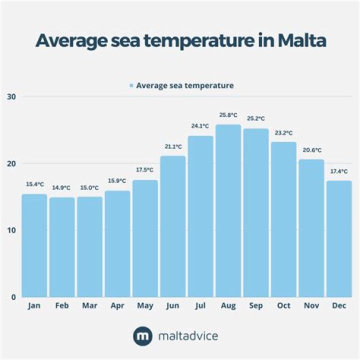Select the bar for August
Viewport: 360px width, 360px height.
[228, 210]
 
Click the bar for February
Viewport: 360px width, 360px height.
[62, 247]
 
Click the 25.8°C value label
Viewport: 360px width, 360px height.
[228, 115]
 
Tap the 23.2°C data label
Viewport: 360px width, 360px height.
[283, 133]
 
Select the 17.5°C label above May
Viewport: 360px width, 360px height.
[145, 170]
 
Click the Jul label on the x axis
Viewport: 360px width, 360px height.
[200, 305]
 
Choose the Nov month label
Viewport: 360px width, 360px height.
[311, 305]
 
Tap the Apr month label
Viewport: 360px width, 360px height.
[117, 305]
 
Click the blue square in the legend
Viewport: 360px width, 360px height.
[131, 86]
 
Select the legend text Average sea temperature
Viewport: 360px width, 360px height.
[184, 85]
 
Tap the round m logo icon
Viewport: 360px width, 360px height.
[142, 336]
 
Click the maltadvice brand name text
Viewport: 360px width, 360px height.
[188, 336]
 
